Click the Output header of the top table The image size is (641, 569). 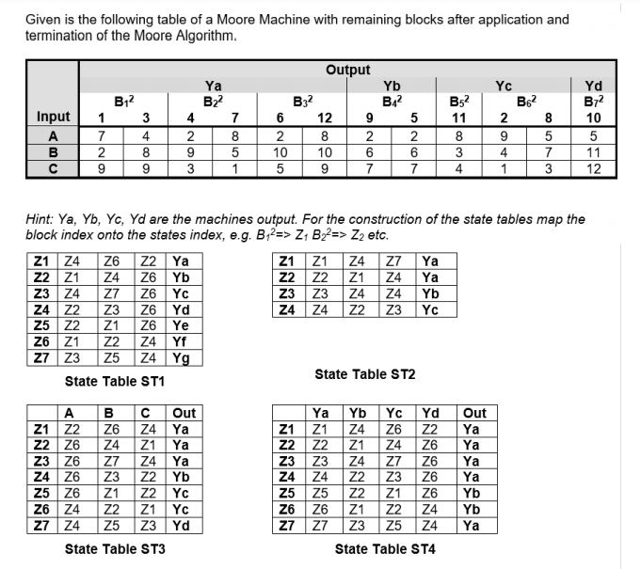347,70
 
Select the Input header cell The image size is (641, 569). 53,117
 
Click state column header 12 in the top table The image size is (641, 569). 325,118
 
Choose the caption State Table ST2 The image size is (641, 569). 364,374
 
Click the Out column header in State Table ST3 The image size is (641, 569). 184,413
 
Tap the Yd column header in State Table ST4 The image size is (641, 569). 429,413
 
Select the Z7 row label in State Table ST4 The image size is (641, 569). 286,525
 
